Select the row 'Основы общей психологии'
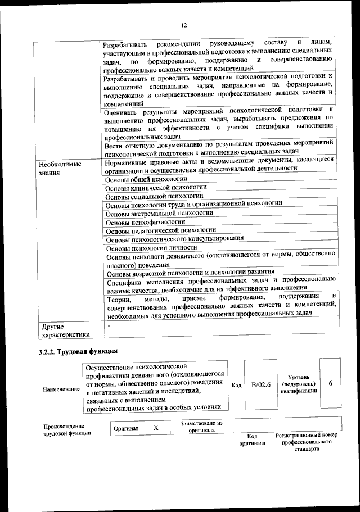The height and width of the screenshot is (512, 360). [146, 179]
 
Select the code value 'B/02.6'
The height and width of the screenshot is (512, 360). [261, 385]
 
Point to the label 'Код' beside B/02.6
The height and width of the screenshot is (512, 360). [236, 386]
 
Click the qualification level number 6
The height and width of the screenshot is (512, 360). [331, 383]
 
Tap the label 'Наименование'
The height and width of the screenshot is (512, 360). [61, 389]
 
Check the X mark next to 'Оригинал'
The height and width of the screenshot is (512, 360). [156, 428]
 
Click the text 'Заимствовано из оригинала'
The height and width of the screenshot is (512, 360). [197, 425]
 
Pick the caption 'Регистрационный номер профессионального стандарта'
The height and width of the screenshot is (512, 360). [306, 442]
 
